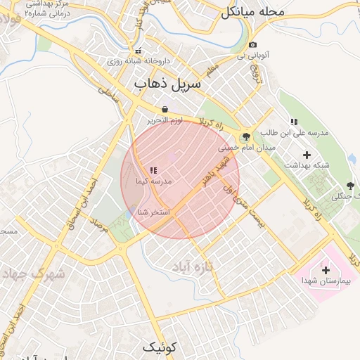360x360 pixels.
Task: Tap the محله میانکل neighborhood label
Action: click(x=252, y=12)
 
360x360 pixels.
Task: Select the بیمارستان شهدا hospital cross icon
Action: click(x=325, y=270)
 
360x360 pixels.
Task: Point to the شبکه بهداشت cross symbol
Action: click(x=307, y=154)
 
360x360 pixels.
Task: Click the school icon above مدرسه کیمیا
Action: click(x=153, y=170)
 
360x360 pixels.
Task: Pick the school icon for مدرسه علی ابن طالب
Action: click(x=294, y=122)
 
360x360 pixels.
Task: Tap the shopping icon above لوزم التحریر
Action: click(x=165, y=110)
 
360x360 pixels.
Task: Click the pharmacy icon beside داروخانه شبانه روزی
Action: click(x=137, y=51)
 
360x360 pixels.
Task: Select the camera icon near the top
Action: click(x=253, y=45)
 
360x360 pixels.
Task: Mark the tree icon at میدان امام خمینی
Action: click(x=246, y=137)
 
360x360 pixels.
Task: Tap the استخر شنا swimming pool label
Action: click(x=152, y=212)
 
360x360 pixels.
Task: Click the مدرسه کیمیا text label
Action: click(x=153, y=181)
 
